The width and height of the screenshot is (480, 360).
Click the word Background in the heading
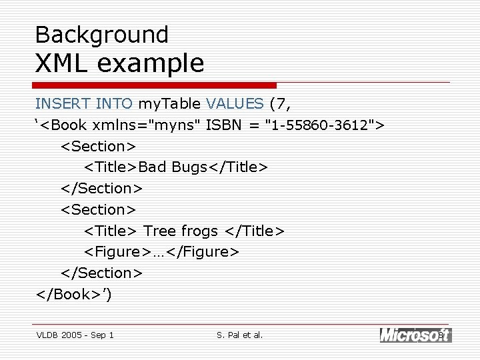tap(101, 34)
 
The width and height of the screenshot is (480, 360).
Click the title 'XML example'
tap(119, 63)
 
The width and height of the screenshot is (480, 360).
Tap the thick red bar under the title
tap(154, 85)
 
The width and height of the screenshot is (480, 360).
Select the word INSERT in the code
tap(63, 103)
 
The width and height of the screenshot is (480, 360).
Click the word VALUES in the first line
tap(235, 103)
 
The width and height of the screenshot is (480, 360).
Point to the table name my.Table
tap(169, 103)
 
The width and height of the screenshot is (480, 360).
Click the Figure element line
tap(161, 252)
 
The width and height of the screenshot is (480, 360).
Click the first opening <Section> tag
tap(99, 146)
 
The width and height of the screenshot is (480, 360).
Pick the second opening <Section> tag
tap(99, 209)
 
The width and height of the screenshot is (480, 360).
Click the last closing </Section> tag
tap(101, 273)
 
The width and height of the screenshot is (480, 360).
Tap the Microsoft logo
tap(415, 335)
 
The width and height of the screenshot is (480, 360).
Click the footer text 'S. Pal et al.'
tap(240, 335)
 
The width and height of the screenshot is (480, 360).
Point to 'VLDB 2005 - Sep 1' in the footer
tap(75, 335)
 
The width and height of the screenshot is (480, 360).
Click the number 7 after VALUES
tap(281, 103)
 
